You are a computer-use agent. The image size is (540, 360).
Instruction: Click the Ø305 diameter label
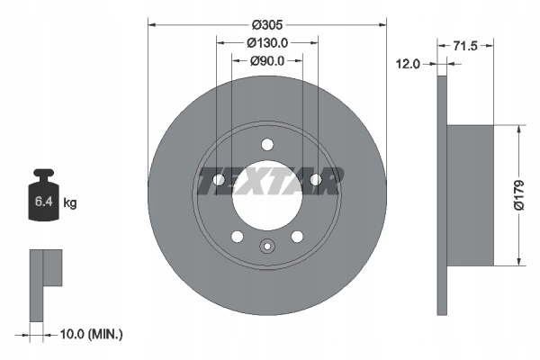point(267,25)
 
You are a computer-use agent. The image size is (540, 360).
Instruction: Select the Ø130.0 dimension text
point(267,42)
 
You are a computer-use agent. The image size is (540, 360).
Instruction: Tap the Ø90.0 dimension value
point(267,61)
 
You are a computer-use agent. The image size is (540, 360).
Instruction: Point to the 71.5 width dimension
point(465,46)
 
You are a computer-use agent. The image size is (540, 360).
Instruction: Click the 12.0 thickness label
point(408,64)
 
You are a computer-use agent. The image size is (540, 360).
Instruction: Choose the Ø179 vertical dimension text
point(518,194)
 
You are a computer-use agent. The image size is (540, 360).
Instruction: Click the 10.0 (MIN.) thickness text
point(91,334)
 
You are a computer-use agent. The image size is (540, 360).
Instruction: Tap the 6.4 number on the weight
point(43,202)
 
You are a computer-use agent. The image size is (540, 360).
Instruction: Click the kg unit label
point(70,202)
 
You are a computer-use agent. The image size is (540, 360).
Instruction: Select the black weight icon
point(43,194)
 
